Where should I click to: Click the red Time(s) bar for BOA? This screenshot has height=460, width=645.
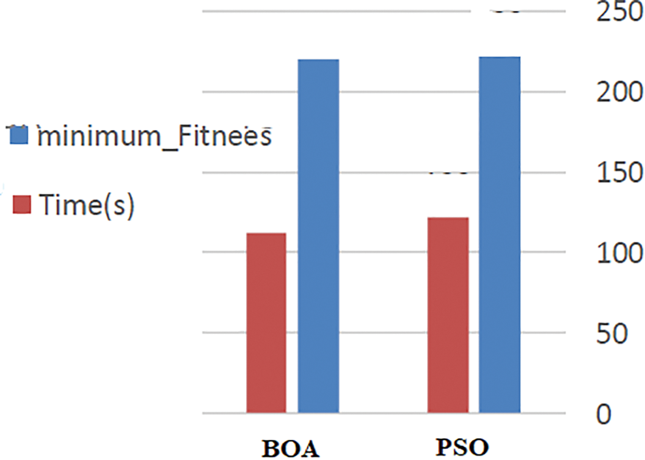pos(266,323)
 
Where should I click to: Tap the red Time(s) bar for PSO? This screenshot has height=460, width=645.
pos(448,315)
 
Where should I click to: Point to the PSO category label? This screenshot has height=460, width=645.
pos(464,447)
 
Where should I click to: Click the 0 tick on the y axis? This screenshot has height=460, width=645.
pos(603,414)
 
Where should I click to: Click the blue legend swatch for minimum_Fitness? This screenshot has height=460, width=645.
pos(19,136)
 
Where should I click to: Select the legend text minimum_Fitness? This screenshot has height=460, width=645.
pos(153,136)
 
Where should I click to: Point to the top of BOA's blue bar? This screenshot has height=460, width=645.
pos(318,60)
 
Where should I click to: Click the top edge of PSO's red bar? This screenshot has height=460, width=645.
pos(448,218)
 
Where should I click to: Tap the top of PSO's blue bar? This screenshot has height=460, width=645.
pos(500,57)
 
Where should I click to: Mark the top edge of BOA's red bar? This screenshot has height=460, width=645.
pos(266,233)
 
